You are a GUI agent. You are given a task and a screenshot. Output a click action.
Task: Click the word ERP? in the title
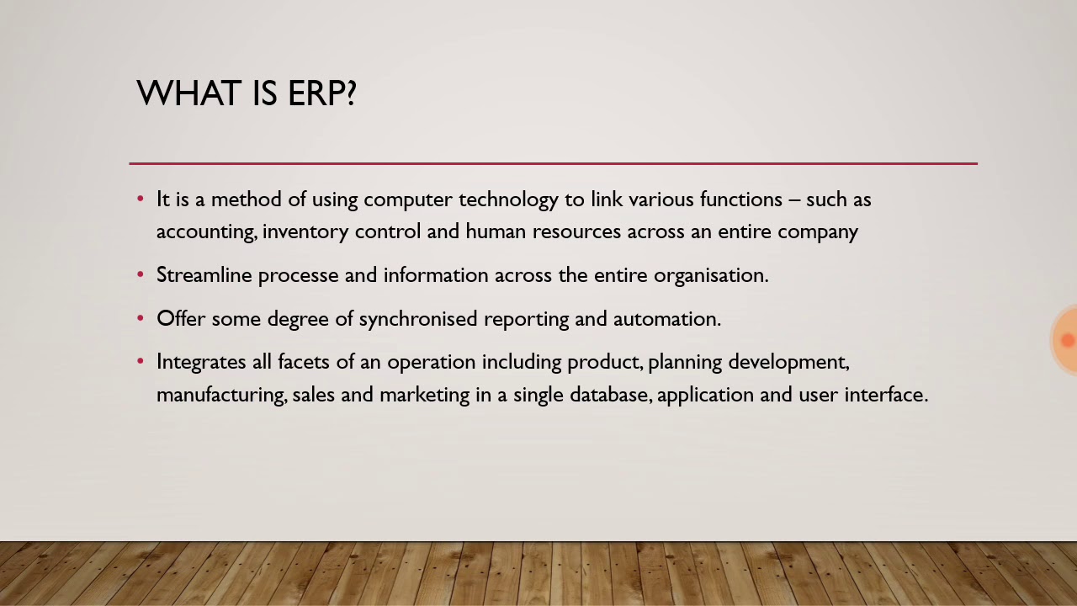click(322, 93)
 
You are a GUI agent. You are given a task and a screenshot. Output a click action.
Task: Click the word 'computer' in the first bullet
click(408, 200)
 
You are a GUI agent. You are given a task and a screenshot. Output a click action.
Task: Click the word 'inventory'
click(305, 232)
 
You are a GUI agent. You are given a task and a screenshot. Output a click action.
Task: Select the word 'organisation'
click(710, 276)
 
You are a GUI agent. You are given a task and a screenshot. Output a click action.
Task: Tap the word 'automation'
click(666, 319)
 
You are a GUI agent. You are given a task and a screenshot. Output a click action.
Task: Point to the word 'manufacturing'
click(220, 395)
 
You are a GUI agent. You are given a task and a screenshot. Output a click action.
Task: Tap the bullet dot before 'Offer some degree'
click(141, 319)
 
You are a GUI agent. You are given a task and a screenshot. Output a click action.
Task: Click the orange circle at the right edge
click(1066, 340)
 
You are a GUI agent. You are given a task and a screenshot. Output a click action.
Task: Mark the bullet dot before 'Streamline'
click(141, 275)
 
